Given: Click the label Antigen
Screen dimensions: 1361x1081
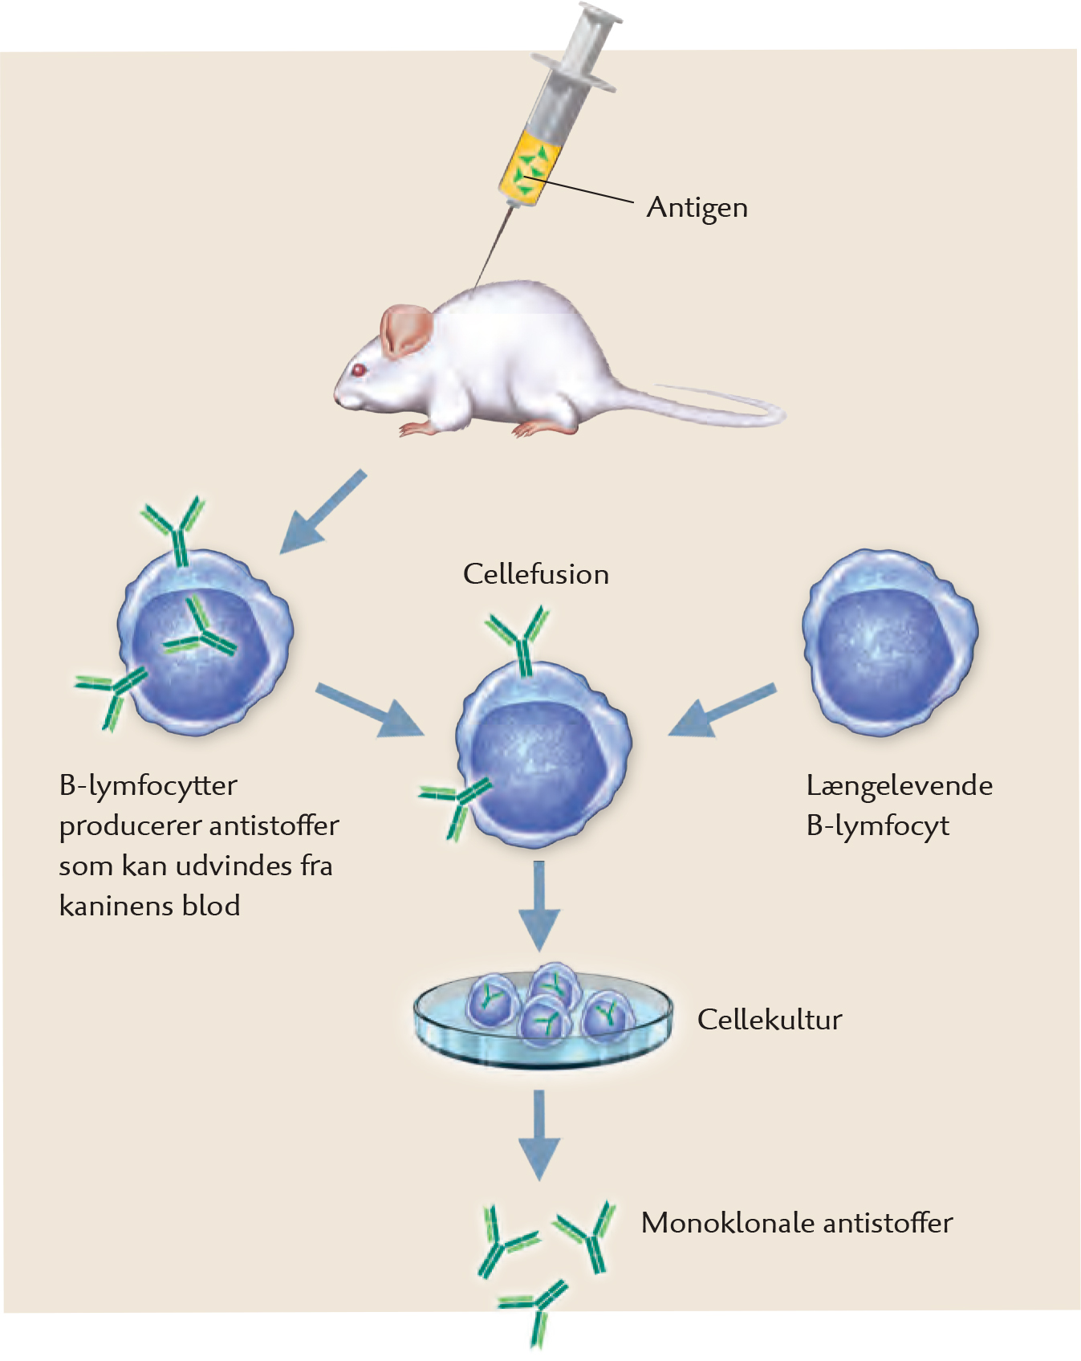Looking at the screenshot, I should [697, 208].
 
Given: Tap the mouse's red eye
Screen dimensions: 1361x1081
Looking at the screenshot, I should [358, 370].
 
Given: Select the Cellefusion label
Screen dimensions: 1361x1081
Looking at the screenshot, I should [535, 574].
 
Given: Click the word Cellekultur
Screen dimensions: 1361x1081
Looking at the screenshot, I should [769, 1020].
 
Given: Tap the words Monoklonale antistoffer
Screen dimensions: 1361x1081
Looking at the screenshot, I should [796, 1223].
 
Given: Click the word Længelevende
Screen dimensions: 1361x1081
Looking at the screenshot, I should [899, 785].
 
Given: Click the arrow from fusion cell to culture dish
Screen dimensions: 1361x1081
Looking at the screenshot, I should [539, 903].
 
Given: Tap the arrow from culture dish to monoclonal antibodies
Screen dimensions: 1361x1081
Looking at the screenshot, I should [539, 1132].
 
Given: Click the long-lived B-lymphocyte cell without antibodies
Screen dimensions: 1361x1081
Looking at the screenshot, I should [888, 642].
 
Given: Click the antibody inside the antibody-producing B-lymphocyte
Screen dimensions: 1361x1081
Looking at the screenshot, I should [201, 630].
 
